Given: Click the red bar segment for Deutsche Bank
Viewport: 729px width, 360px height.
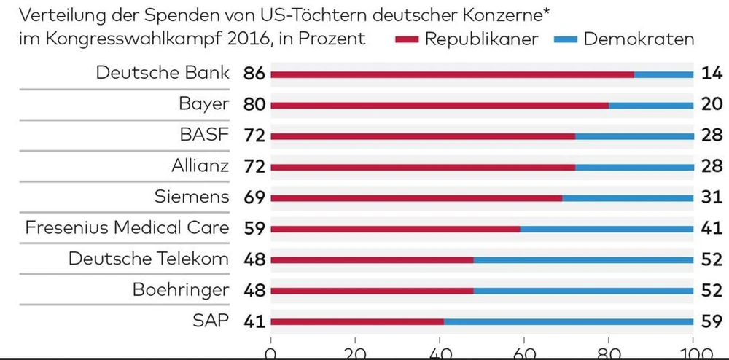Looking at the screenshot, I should tap(452, 74).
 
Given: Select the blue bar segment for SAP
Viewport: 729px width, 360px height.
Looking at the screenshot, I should tap(569, 321).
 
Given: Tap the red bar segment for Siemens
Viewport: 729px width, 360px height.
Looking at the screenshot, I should tap(416, 197).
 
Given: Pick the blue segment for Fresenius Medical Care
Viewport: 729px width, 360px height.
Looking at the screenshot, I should tap(607, 228).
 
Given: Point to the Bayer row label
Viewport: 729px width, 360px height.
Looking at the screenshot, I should tap(204, 104).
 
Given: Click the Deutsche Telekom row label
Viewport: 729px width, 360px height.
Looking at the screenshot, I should tap(149, 259).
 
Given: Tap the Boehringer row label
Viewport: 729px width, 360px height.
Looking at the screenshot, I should tap(181, 290).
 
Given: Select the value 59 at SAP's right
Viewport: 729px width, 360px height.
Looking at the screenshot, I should tap(710, 321).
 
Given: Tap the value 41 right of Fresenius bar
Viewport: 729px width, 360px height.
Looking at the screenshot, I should tap(710, 228).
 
